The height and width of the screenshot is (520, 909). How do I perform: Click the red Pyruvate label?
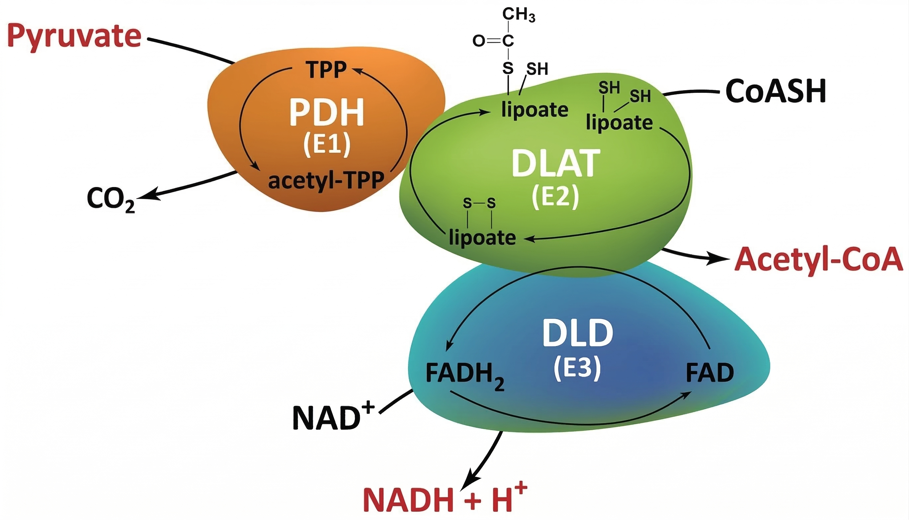[x=74, y=37]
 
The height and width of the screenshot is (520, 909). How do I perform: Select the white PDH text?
[x=326, y=113]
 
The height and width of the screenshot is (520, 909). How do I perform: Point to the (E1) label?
[x=327, y=145]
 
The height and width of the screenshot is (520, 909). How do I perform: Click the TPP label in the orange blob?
[x=326, y=70]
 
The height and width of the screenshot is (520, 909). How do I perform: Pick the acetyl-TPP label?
[x=326, y=181]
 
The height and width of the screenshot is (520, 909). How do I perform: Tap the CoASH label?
[x=775, y=92]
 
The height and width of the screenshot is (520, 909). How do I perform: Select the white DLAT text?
[x=555, y=164]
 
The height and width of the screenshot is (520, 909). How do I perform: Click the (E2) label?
[x=555, y=198]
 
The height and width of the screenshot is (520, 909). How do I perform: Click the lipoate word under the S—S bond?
[x=482, y=238]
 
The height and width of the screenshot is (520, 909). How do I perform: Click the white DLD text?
[x=578, y=334]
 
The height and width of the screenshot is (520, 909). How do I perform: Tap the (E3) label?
[x=577, y=368]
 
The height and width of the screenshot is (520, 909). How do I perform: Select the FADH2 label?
[x=465, y=374]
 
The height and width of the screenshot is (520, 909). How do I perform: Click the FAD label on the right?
[x=709, y=373]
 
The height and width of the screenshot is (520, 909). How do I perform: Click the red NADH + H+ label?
[x=445, y=500]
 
